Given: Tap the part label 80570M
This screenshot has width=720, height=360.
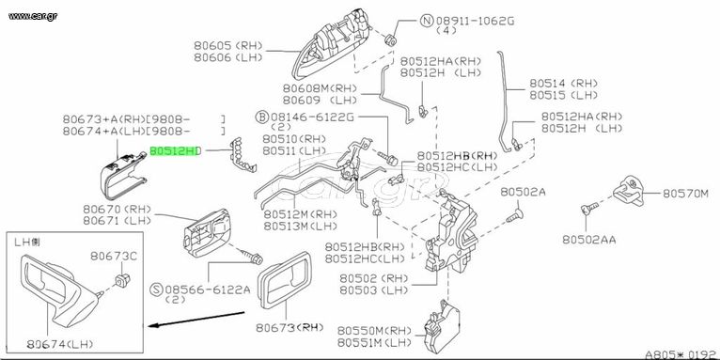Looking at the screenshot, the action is (x=685, y=194).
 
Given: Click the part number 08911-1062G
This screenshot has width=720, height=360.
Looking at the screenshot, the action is (x=476, y=21).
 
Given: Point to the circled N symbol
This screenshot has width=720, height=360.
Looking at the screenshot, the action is (x=427, y=21).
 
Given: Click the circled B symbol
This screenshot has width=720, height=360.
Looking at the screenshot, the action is (x=261, y=117).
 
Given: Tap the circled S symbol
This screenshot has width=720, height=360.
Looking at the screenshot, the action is (x=158, y=290).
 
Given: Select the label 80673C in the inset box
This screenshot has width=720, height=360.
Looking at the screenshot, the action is (x=114, y=257).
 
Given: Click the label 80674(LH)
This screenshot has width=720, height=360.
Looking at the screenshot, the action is (x=60, y=343).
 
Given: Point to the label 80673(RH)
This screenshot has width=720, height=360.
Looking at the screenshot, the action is (x=290, y=327).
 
